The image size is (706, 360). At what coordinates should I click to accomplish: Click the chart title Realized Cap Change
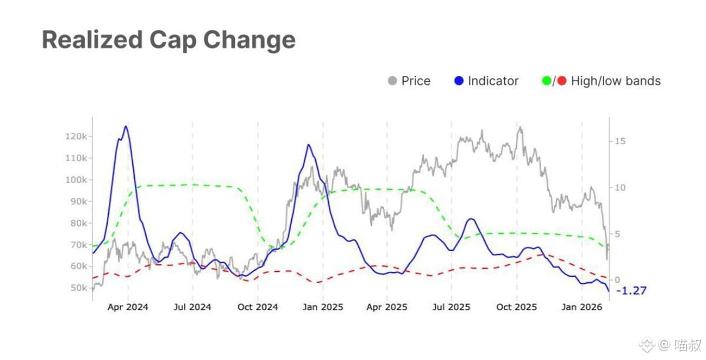pos(168,40)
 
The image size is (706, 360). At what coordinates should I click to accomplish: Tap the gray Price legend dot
pos(392,81)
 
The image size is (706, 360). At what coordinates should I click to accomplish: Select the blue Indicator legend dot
pos(459,81)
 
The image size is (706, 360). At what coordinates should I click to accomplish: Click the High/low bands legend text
pos(615,81)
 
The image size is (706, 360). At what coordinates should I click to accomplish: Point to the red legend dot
pos(561,81)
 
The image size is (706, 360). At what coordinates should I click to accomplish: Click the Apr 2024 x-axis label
pos(128,307)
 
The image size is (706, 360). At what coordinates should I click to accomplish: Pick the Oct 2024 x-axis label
pos(257,307)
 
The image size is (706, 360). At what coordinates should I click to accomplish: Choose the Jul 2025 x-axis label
pos(451,307)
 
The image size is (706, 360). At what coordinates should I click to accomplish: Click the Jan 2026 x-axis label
pos(581,307)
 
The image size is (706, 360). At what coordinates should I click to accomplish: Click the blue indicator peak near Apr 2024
pos(126,126)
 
